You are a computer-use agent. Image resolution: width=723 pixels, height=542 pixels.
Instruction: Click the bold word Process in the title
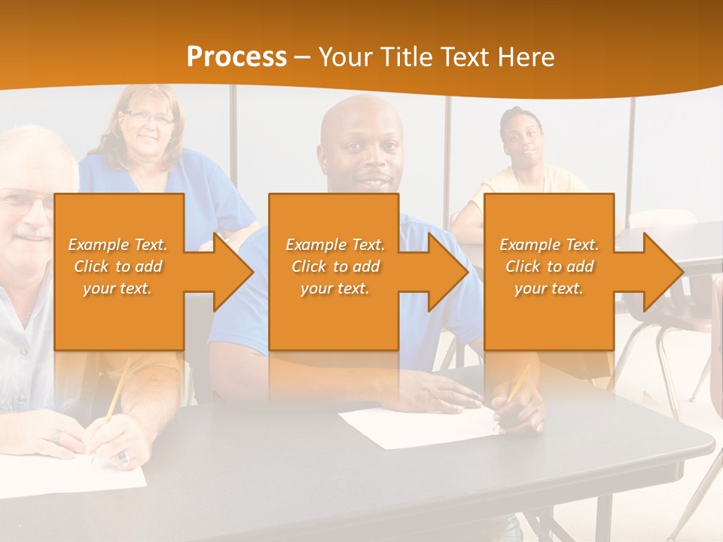pos(236,56)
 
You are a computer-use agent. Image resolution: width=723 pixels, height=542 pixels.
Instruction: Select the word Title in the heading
pos(407,56)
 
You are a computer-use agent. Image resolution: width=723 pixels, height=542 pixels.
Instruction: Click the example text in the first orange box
pos(118,266)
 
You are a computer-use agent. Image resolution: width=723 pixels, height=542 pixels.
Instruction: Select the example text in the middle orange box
pos(335,266)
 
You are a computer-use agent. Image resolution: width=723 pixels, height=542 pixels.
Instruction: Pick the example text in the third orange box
pos(549,266)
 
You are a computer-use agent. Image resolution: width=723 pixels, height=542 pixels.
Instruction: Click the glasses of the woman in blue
pos(148,117)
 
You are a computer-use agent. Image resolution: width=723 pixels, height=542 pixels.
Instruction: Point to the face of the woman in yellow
pos(522,140)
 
